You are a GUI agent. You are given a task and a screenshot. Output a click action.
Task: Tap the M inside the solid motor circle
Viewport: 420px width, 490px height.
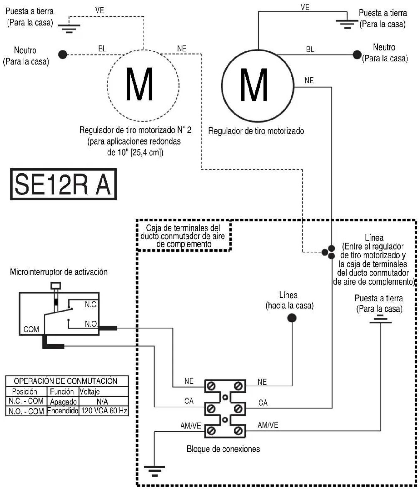coord(254,85)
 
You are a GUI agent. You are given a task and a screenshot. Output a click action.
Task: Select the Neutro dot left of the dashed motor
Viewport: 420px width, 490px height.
coord(63,55)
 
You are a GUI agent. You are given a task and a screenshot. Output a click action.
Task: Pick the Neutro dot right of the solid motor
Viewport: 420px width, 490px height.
coord(357,55)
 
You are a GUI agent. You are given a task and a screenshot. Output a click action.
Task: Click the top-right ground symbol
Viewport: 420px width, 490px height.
coord(347,24)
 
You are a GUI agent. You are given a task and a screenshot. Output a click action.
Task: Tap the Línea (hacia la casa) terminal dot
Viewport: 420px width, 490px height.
coord(291,318)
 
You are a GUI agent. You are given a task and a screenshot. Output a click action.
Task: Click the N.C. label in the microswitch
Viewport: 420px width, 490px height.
coord(91,305)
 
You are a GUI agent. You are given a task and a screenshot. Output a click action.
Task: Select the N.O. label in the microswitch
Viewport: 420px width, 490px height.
coord(91,324)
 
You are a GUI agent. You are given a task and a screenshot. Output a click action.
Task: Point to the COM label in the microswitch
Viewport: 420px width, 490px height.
coord(31,329)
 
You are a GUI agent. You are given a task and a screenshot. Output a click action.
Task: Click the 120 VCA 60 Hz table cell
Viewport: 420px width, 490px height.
coord(104,411)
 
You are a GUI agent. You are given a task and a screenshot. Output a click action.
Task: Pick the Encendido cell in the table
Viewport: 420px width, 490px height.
coord(63,411)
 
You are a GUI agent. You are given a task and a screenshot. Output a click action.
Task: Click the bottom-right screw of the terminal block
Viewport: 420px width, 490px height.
coord(238,431)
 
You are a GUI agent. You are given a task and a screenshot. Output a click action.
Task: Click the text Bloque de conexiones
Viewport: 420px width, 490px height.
coord(223,449)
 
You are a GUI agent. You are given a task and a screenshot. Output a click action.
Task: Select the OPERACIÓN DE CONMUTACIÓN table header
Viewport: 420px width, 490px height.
coord(66,381)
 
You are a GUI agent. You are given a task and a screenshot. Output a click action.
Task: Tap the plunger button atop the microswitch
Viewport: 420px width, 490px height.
coord(56,286)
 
